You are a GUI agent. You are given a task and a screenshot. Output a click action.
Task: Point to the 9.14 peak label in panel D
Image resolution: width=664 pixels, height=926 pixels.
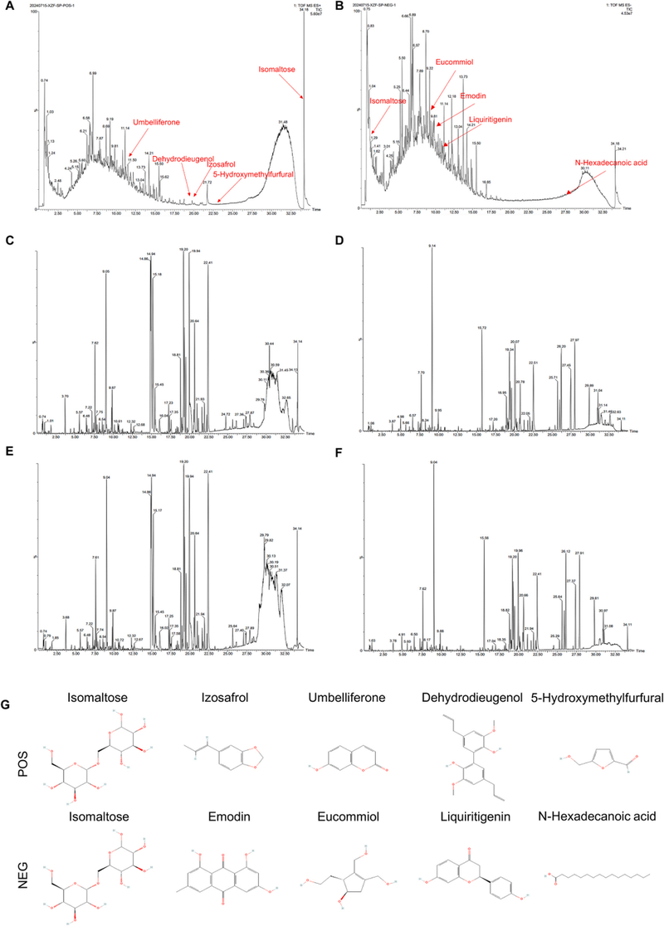pos(432,246)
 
